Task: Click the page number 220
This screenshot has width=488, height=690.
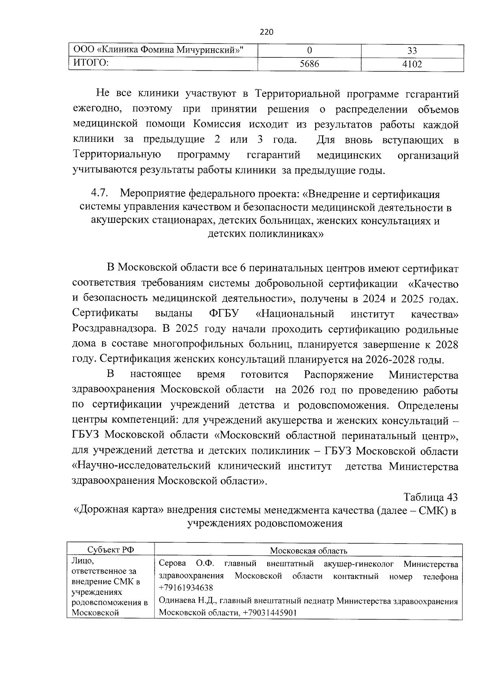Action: point(266,32)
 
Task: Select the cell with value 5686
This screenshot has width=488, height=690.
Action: point(309,64)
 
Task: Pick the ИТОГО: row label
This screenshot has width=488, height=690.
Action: point(90,63)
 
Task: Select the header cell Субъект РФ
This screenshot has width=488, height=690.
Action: point(111,550)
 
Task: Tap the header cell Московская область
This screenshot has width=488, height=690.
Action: point(308,551)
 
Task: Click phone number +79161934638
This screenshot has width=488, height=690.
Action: point(185,588)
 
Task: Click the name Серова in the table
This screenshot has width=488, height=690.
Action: point(172,564)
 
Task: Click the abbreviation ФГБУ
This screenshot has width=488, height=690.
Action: point(224,313)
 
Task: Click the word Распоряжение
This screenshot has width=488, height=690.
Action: point(339,374)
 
